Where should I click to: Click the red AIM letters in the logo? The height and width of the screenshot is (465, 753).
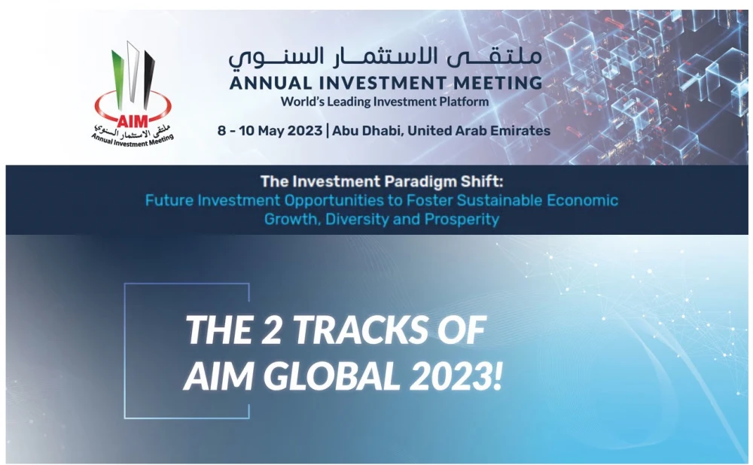(x=133, y=120)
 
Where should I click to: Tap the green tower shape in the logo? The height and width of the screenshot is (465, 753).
(x=117, y=77)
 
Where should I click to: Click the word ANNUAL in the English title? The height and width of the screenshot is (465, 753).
(x=270, y=83)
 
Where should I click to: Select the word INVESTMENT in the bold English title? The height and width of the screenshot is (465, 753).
(x=383, y=83)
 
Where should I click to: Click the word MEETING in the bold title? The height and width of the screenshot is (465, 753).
(x=498, y=83)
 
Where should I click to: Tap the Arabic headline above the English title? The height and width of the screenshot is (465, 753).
(x=385, y=56)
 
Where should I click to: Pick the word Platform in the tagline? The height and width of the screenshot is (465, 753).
(x=464, y=102)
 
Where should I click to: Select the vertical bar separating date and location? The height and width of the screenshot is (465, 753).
(x=328, y=130)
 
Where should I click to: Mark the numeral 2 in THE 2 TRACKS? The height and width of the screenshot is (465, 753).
(x=273, y=330)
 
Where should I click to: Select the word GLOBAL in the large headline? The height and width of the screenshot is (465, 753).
(x=332, y=375)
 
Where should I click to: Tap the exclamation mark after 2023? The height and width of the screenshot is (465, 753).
(x=498, y=375)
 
